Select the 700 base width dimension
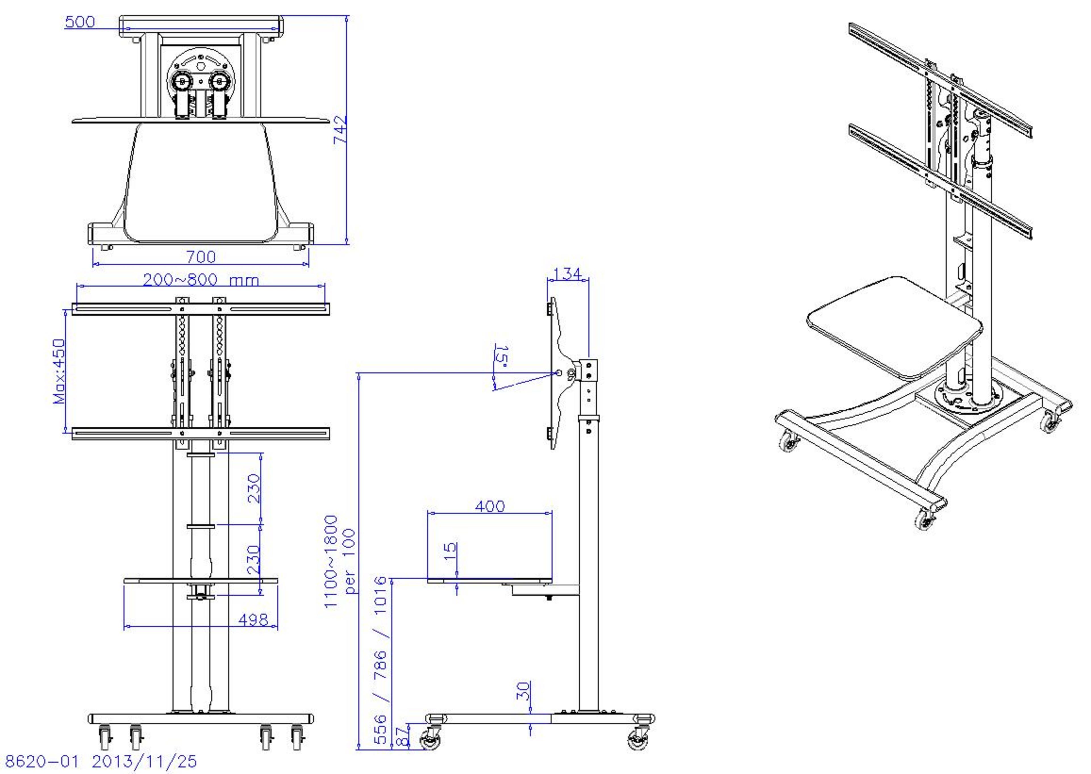coord(201,257)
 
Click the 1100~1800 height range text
coord(331,561)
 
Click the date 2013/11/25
coord(144,762)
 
